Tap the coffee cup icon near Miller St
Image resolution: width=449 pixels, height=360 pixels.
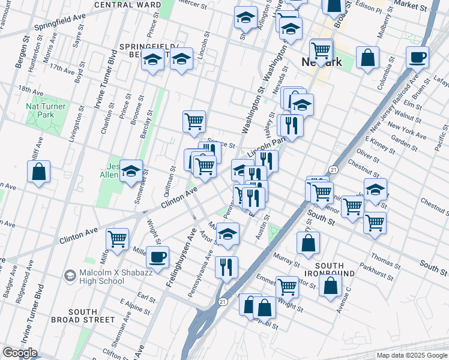click(158, 258)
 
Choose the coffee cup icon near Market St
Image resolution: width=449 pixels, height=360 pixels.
click(417, 58)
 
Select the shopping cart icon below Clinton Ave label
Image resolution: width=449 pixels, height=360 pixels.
click(118, 238)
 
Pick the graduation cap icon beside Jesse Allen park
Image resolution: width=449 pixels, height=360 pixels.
click(131, 172)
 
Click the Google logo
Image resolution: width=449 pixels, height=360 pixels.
click(19, 353)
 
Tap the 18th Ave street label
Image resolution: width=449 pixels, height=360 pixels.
click(31, 91)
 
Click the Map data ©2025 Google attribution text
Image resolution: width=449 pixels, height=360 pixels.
click(412, 355)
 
